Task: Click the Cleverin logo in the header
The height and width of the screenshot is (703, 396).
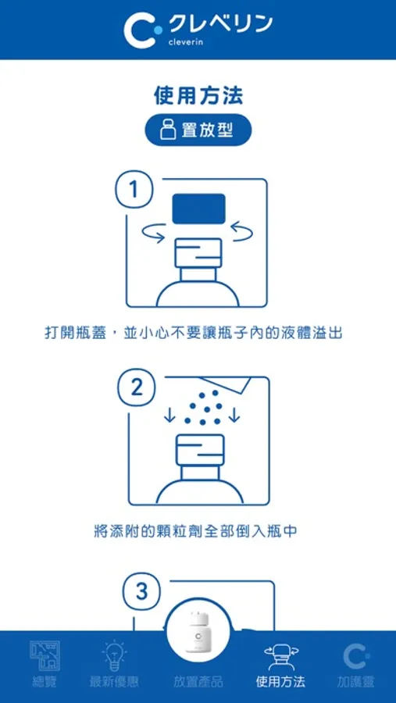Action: coord(198,29)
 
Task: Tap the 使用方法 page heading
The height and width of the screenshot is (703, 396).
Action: coord(198,95)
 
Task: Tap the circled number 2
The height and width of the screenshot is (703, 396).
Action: coord(137,387)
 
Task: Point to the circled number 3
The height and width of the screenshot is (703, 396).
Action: coord(141,592)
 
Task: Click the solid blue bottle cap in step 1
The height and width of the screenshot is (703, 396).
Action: coord(198,208)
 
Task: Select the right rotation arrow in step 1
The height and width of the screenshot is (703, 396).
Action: coord(242,232)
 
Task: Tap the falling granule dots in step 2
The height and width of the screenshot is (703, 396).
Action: coord(203,408)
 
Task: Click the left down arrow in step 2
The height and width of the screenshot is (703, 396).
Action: coord(169,414)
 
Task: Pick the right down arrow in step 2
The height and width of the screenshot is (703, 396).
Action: coord(234,414)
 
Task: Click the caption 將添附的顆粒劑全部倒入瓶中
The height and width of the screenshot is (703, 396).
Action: coord(196,532)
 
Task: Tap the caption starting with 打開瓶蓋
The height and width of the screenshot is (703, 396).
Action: coord(193,333)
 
